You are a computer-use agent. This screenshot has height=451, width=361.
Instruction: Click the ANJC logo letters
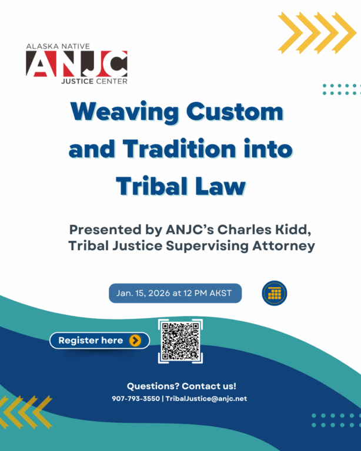coord(76,64)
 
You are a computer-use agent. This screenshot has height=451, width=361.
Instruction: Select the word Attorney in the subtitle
coord(280,246)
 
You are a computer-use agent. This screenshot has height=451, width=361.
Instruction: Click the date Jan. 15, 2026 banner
coord(175,293)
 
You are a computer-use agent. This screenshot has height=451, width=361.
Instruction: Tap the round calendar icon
coord(274,294)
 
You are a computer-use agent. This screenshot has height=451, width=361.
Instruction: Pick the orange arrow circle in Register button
coord(135,341)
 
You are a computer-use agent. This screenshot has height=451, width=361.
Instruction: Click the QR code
coord(180,341)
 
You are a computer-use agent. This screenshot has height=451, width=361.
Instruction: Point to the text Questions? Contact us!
coord(181,386)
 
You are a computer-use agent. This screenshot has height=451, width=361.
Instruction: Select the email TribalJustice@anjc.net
coord(206,399)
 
